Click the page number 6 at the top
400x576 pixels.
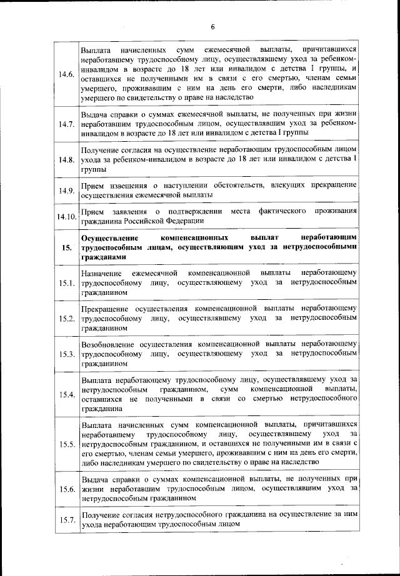212,27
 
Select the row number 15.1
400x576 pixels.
66,284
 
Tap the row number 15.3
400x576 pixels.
66,354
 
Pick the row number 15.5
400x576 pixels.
66,444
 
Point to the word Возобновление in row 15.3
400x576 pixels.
111,344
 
